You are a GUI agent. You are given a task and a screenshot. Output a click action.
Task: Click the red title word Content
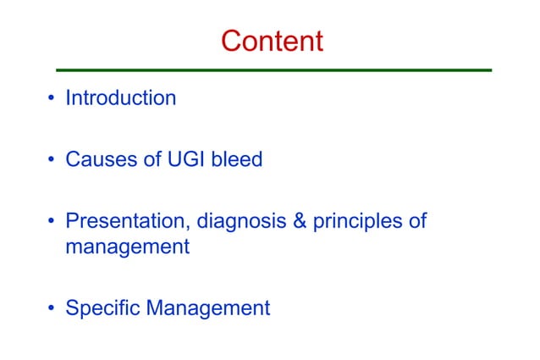pyautogui.click(x=272, y=40)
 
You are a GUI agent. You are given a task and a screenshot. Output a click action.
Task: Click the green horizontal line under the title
pyautogui.click(x=273, y=69)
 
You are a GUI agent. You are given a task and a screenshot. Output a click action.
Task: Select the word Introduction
pyautogui.click(x=121, y=98)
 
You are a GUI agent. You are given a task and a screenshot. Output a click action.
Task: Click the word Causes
pyautogui.click(x=102, y=158)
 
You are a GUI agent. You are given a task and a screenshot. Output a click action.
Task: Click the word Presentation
pyautogui.click(x=129, y=222)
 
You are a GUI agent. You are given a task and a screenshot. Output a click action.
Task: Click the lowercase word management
pyautogui.click(x=127, y=248)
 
